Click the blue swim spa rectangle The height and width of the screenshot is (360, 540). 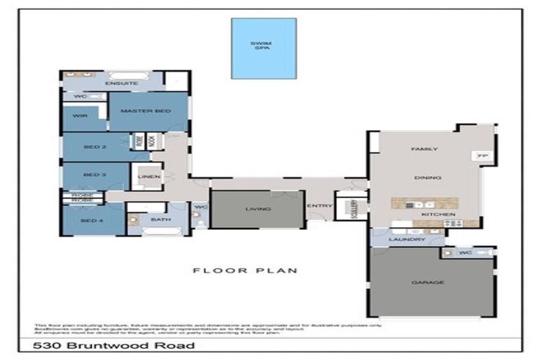tap(264, 48)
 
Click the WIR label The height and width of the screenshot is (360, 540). tap(80, 117)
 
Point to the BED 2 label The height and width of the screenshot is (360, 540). tap(94, 147)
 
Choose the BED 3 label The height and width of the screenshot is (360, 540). tap(94, 174)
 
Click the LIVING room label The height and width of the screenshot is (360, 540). tap(257, 209)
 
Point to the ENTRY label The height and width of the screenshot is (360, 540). tap(320, 205)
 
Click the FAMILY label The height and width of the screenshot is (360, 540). tap(425, 149)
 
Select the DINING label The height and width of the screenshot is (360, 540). tap(427, 178)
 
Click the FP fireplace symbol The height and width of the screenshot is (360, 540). tap(482, 155)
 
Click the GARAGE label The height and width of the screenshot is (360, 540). tap(427, 283)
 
